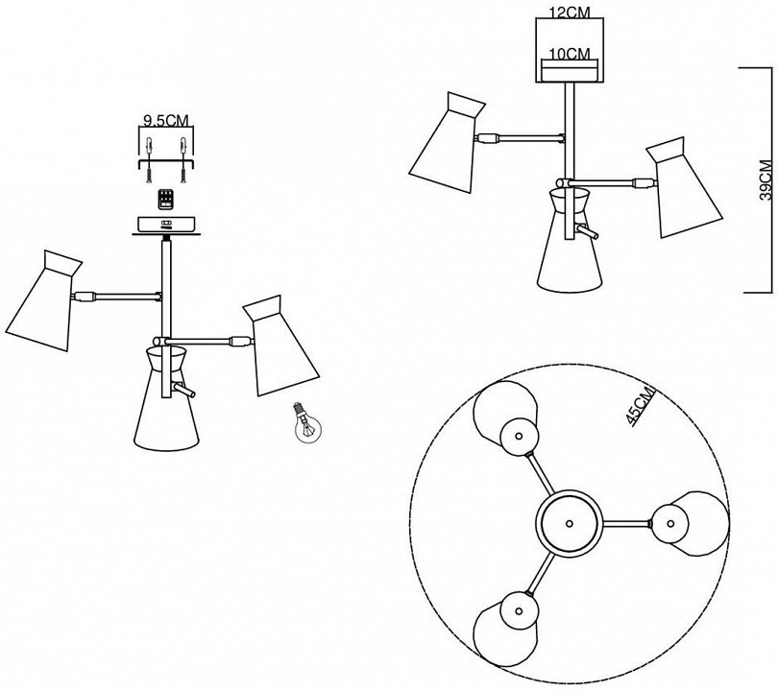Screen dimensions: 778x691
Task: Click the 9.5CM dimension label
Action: [166, 121]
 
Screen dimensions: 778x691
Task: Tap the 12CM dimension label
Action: [571, 12]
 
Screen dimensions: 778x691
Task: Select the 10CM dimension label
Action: [571, 54]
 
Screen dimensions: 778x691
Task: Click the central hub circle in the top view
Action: [569, 523]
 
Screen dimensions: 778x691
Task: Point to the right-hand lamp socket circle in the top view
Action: [670, 523]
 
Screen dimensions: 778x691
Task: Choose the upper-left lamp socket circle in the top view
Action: [519, 437]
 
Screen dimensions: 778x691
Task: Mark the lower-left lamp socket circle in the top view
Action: [519, 610]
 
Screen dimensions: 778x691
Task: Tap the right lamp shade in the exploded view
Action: [279, 347]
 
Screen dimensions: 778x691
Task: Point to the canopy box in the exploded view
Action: [166, 226]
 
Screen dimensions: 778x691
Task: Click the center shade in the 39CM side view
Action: [570, 239]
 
